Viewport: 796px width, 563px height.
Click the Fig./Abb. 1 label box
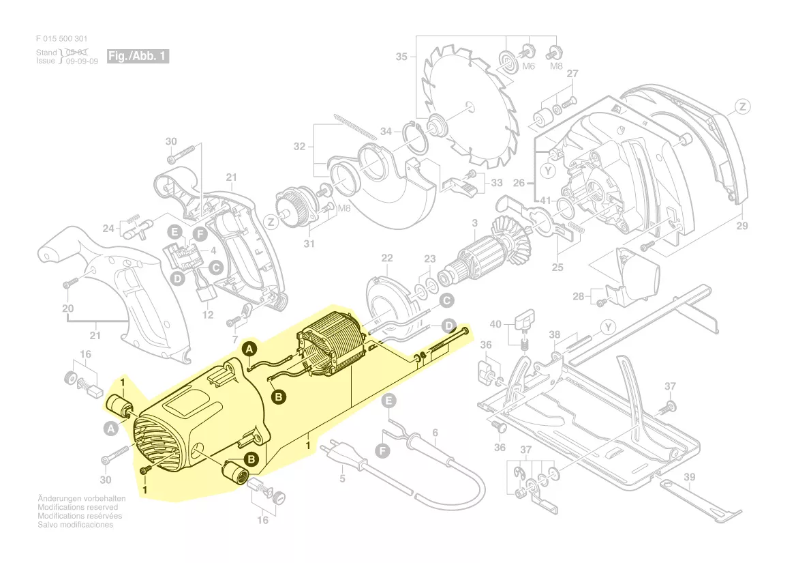[x=138, y=56]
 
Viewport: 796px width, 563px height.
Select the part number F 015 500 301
[x=61, y=39]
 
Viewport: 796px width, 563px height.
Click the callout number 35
[x=401, y=57]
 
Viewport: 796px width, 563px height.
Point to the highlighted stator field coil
[x=331, y=351]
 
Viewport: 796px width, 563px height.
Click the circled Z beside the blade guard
[x=742, y=107]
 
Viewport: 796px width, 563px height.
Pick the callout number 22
[x=387, y=258]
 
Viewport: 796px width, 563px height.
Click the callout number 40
[x=495, y=324]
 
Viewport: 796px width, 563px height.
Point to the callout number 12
[x=208, y=315]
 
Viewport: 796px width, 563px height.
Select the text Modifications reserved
[x=78, y=507]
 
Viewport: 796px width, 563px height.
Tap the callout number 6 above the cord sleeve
[x=435, y=433]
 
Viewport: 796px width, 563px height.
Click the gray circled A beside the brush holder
[x=111, y=429]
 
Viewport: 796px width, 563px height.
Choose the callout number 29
[x=742, y=226]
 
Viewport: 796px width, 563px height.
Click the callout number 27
[x=572, y=74]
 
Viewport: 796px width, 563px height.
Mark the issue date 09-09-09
[x=82, y=61]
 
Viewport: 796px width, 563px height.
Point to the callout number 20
[x=68, y=308]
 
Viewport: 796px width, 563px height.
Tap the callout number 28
[x=578, y=296]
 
